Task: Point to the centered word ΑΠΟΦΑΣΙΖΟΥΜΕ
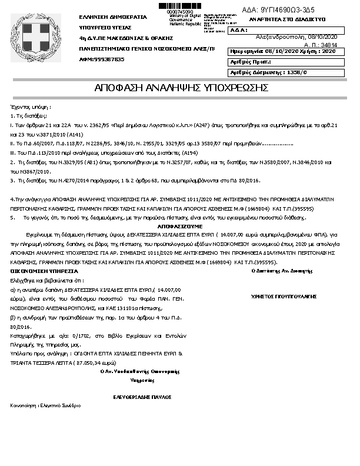(179, 225)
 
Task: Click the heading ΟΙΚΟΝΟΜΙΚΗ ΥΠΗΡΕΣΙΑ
(44, 271)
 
